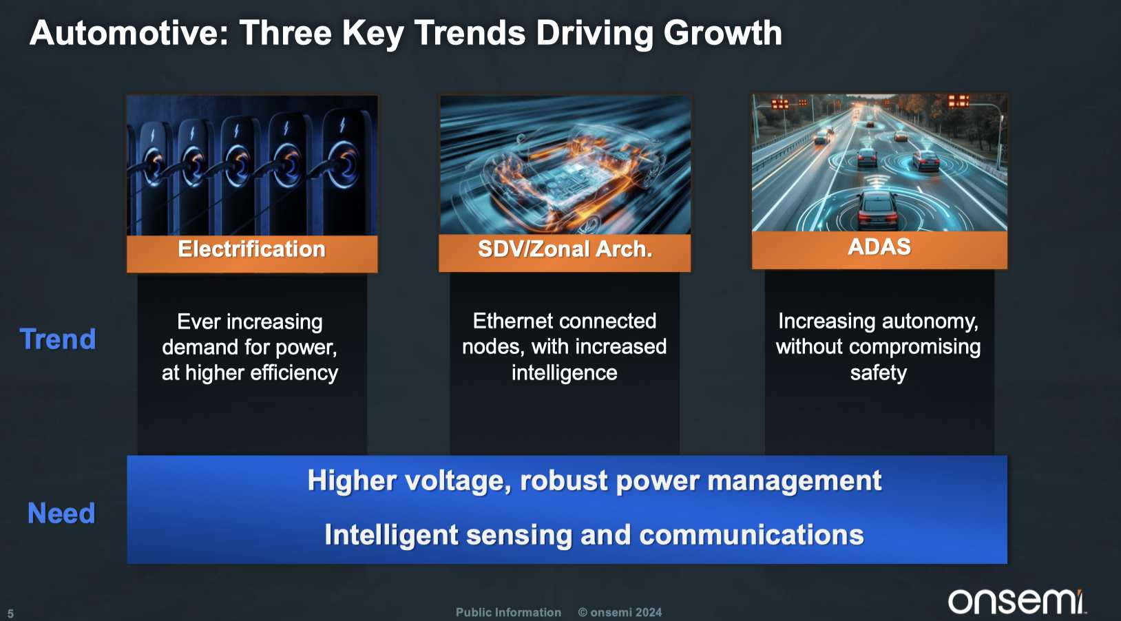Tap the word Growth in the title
(722, 34)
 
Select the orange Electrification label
(252, 249)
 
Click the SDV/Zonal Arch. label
(565, 249)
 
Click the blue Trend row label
(58, 339)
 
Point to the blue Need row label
(61, 514)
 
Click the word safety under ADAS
(879, 373)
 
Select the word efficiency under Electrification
(294, 373)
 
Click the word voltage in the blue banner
(458, 481)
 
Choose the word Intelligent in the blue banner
(391, 535)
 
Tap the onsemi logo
(1016, 601)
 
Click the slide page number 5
(10, 613)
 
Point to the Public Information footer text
(508, 613)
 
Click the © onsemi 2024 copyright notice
(620, 613)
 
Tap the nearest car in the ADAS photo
(877, 207)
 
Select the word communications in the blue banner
(752, 535)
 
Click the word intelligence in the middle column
(564, 373)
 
